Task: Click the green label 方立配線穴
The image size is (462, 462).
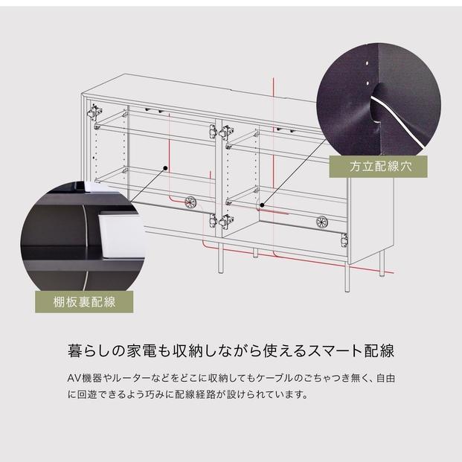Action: pos(378,167)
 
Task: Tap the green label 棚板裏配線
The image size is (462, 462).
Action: pos(84,302)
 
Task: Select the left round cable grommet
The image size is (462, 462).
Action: pos(190,202)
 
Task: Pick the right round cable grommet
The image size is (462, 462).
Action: pos(321,222)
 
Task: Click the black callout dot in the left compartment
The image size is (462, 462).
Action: pos(165,168)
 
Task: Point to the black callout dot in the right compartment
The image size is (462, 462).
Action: pos(262,205)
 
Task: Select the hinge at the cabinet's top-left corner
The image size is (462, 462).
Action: pos(94,112)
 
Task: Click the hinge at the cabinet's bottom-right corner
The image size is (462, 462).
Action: pos(344,240)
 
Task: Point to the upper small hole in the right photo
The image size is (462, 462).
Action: pos(367,63)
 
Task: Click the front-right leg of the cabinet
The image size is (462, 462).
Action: pos(347,277)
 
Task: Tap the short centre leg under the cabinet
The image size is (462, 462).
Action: pos(255,253)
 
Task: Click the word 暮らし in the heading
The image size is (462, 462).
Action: pos(90,350)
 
